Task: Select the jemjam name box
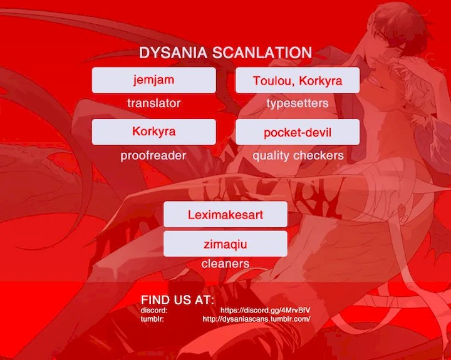(x=153, y=80)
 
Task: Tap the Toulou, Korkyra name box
(x=298, y=80)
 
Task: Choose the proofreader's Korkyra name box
(x=153, y=131)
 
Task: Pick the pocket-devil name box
(x=298, y=132)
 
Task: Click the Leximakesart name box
(x=225, y=214)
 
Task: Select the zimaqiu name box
(x=225, y=244)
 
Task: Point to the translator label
(x=153, y=103)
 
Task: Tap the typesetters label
(x=298, y=103)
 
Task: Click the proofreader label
(x=153, y=155)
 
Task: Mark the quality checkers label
(x=298, y=155)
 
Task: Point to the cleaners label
(x=225, y=264)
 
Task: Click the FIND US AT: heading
(x=177, y=300)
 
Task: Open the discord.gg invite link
(x=266, y=311)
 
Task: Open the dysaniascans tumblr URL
(x=257, y=319)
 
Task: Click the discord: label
(x=154, y=311)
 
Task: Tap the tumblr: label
(x=153, y=319)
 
